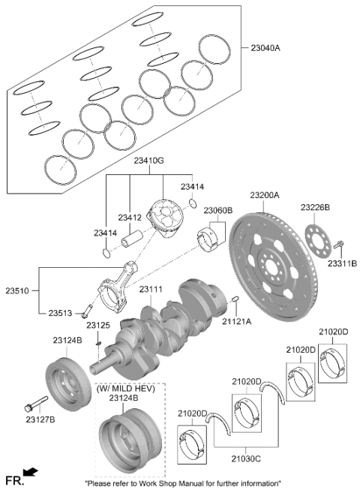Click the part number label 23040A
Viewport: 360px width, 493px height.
[x=265, y=48]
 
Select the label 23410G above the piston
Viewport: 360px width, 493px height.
[x=149, y=161]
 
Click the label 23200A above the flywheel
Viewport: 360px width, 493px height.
[x=265, y=195]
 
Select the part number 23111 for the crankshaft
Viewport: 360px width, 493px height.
[x=151, y=289]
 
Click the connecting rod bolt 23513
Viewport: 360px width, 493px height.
[x=87, y=311]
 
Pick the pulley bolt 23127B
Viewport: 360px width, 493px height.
[x=36, y=404]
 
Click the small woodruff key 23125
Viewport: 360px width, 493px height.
[x=98, y=343]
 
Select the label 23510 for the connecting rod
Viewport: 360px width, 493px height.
[x=16, y=290]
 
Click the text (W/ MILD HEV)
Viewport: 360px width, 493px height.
[x=126, y=389]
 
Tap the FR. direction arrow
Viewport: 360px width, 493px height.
[x=31, y=472]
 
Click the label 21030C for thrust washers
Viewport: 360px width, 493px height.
[x=246, y=459]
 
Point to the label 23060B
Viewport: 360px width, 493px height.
[x=218, y=210]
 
